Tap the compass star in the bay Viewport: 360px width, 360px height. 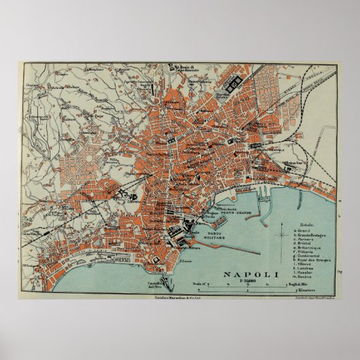[x=281, y=235]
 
